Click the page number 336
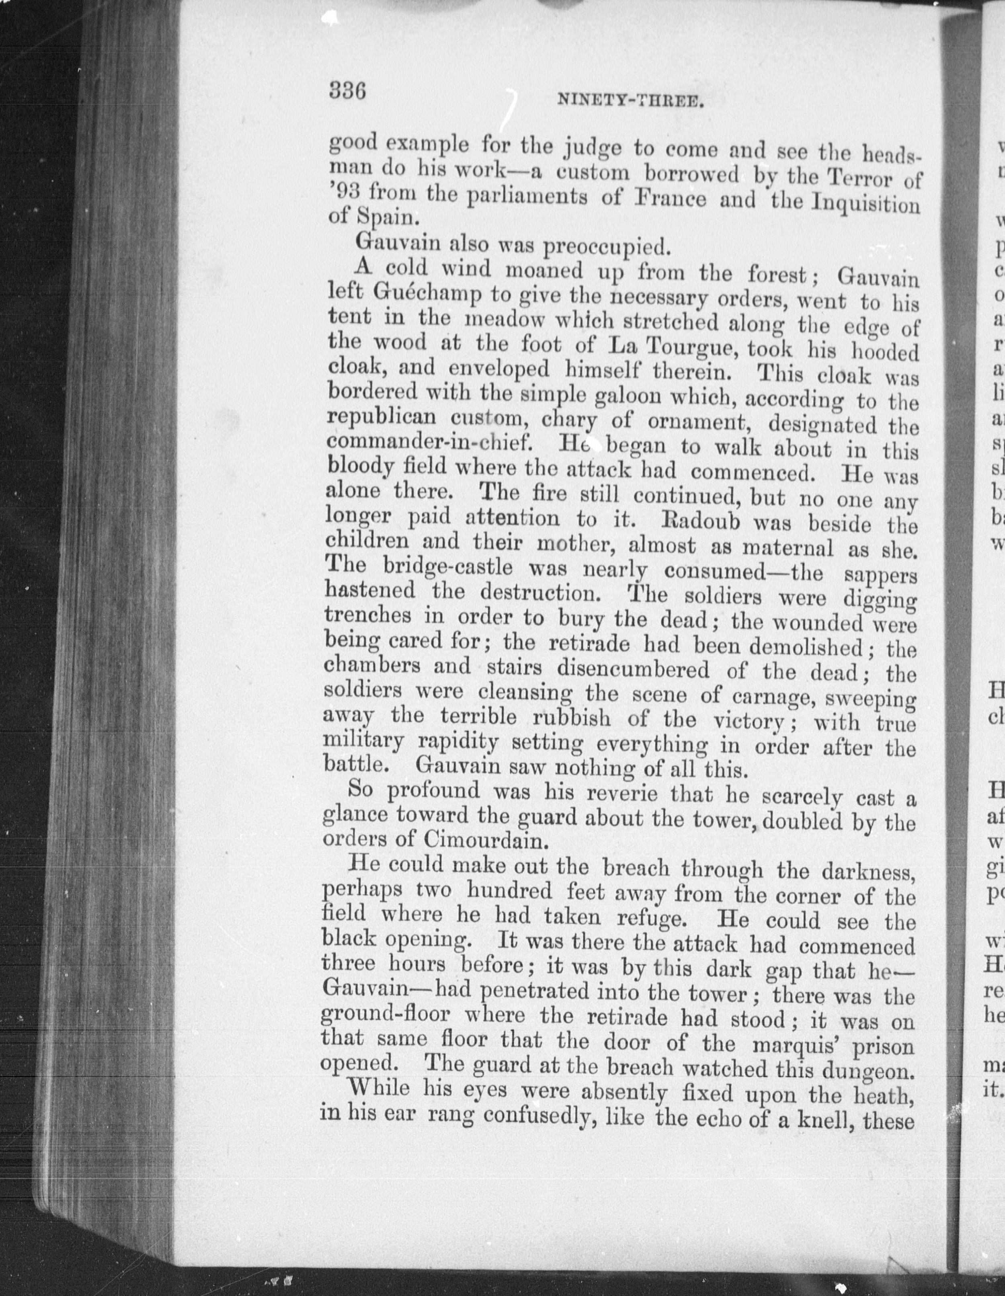(x=347, y=91)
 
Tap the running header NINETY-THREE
(x=630, y=101)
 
